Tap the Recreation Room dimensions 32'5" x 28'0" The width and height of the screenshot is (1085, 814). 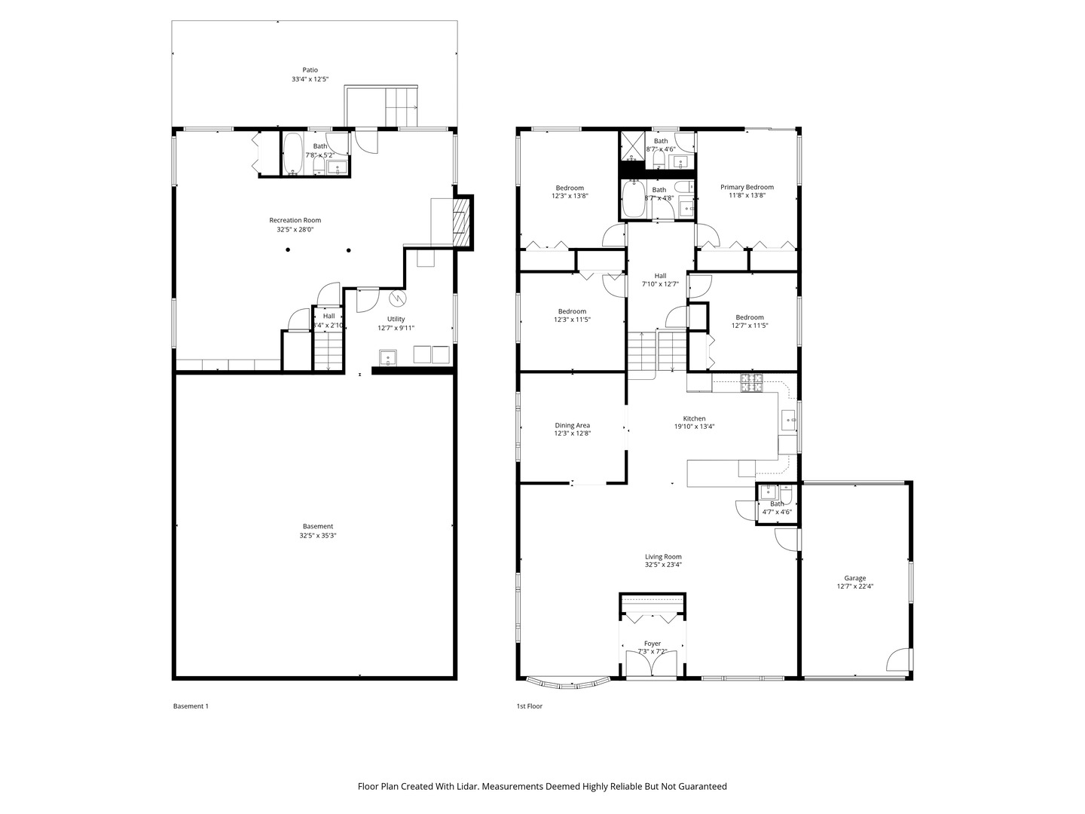point(295,230)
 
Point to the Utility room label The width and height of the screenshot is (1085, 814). point(396,319)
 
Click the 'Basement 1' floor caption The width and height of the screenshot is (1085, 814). point(191,706)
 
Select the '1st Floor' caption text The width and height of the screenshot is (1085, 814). point(529,706)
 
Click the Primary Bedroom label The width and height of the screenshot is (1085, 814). point(747,187)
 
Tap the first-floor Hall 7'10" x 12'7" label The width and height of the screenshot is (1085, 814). point(660,280)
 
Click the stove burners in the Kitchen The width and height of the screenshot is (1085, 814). point(751,383)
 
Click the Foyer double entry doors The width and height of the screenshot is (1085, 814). point(653,664)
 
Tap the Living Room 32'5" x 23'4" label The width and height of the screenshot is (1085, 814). point(663,560)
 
